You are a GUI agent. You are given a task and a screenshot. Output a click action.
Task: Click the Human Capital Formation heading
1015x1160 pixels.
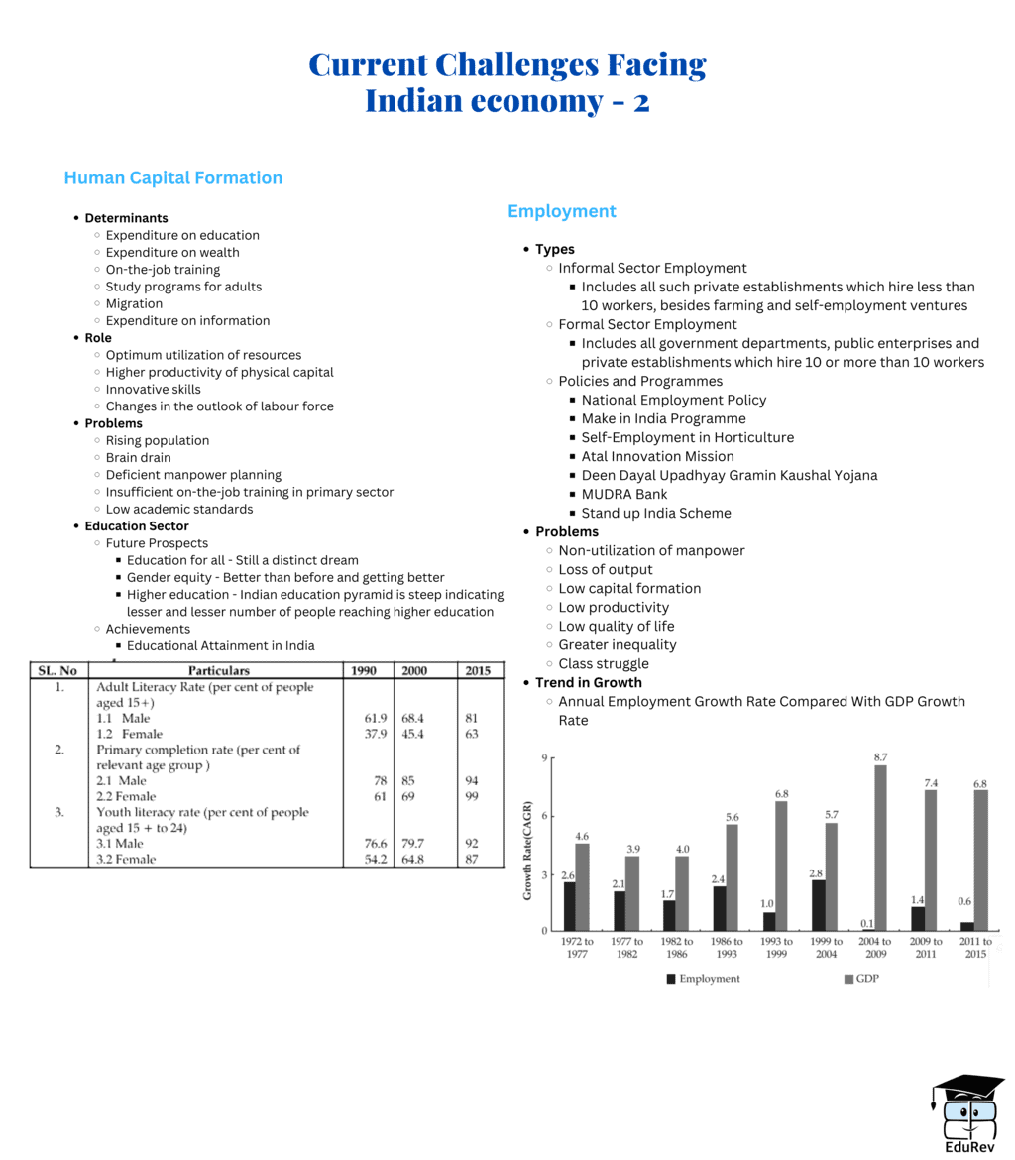(x=172, y=178)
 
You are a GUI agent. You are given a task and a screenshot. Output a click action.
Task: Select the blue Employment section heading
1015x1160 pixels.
(x=561, y=211)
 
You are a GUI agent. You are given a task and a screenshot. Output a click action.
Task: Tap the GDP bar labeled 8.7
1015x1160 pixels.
(x=852, y=848)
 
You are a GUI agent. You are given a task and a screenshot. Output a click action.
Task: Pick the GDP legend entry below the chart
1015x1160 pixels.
(x=862, y=979)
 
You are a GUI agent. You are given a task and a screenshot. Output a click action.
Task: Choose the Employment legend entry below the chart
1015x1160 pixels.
(x=703, y=979)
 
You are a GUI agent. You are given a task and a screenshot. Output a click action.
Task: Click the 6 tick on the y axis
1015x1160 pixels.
(x=542, y=816)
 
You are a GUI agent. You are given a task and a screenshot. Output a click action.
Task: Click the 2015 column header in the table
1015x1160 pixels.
(x=477, y=671)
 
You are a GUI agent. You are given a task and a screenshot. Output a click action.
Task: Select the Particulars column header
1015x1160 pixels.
(x=218, y=671)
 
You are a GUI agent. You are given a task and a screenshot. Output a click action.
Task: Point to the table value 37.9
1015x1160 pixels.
(x=367, y=735)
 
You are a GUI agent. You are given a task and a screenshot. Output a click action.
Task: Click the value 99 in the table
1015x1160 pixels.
(x=472, y=797)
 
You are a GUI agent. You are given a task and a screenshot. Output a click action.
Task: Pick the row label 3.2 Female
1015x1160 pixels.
(x=126, y=860)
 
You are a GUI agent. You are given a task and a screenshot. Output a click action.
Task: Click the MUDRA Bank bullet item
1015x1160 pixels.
(x=623, y=494)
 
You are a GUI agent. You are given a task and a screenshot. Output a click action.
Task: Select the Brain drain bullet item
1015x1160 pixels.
(x=138, y=458)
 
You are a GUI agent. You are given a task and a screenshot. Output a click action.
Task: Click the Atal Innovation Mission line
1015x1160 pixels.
(x=657, y=457)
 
